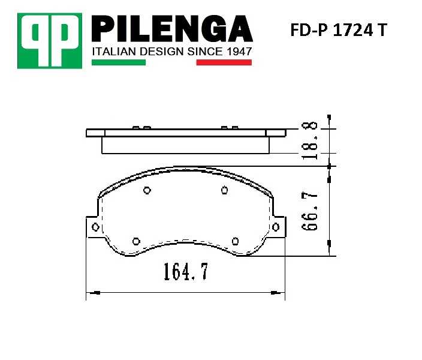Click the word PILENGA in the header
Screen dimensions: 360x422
point(171,29)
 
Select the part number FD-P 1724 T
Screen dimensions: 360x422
point(339,31)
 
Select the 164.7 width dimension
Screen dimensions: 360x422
point(185,272)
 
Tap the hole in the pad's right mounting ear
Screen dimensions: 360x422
point(276,226)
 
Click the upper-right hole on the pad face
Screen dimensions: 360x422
point(224,191)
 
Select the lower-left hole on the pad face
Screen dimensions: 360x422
point(135,241)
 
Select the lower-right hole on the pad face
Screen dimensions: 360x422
point(234,241)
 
